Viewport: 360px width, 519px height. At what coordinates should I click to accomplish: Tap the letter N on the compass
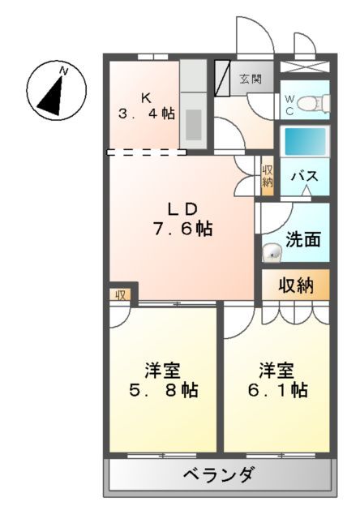click(x=64, y=72)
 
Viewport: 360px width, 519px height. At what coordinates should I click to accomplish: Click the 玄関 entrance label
click(x=250, y=79)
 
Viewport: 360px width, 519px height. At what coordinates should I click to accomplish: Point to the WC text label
click(x=289, y=103)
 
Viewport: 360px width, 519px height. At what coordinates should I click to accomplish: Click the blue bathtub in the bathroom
click(x=304, y=141)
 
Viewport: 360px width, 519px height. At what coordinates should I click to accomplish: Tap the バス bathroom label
click(x=305, y=176)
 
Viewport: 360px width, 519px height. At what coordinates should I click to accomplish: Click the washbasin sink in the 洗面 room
click(x=272, y=254)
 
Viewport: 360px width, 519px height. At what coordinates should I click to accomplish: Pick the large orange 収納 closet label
click(x=296, y=285)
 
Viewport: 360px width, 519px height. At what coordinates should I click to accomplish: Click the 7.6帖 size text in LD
click(x=182, y=229)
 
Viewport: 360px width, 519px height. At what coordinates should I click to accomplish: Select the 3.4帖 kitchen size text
click(x=146, y=114)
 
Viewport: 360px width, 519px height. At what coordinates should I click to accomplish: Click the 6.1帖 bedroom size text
click(x=276, y=390)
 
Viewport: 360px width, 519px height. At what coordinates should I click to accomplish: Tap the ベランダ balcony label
click(x=217, y=475)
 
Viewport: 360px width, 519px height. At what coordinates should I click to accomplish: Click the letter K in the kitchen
click(x=146, y=97)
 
